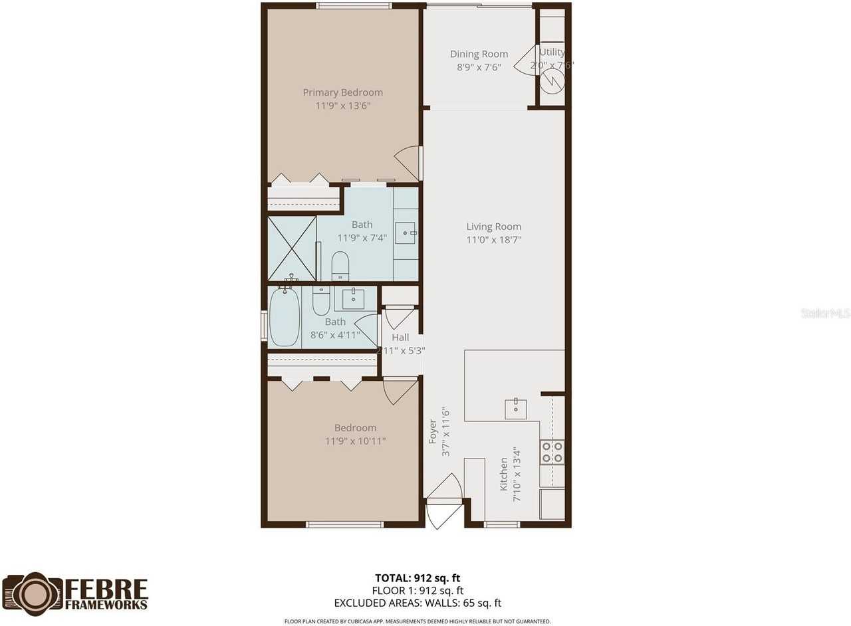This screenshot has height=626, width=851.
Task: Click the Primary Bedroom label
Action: pyautogui.click(x=342, y=92)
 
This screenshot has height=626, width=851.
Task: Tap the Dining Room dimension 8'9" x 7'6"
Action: pyautogui.click(x=479, y=67)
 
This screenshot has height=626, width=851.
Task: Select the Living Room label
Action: pyautogui.click(x=493, y=227)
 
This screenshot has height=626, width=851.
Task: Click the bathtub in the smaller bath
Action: pyautogui.click(x=285, y=317)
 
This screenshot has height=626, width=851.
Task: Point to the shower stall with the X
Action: pyautogui.click(x=292, y=249)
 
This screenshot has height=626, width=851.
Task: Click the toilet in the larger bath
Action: pyautogui.click(x=340, y=266)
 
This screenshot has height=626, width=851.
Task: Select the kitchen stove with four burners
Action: pyautogui.click(x=552, y=452)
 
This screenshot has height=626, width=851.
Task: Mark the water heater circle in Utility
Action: pyautogui.click(x=551, y=81)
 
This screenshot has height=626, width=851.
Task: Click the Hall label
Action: pyautogui.click(x=400, y=338)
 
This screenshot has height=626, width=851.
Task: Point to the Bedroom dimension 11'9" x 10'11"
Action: pyautogui.click(x=355, y=441)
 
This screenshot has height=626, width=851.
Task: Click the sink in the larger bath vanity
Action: pyautogui.click(x=405, y=233)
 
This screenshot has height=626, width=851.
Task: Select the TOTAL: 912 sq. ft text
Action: pyautogui.click(x=418, y=578)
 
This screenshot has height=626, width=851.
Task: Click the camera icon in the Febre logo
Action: pyautogui.click(x=32, y=593)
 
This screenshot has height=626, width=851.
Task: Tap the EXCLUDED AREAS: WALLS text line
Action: pyautogui.click(x=418, y=603)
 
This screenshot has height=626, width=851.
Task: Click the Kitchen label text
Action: pyautogui.click(x=504, y=473)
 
